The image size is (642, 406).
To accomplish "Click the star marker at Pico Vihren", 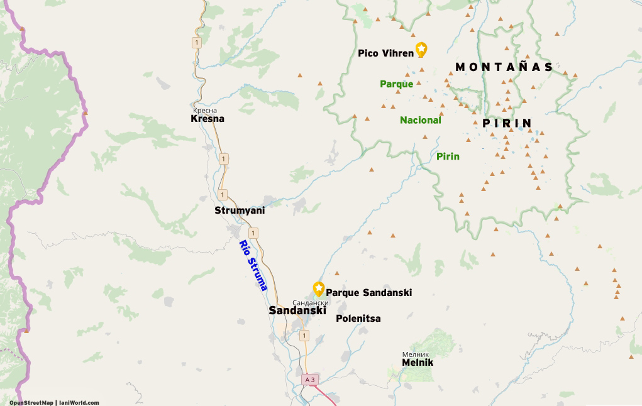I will click(x=421, y=49).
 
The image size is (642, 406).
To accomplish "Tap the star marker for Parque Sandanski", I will click(x=319, y=288).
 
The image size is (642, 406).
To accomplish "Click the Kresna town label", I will click(x=208, y=118).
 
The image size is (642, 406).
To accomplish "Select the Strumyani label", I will click(x=240, y=211).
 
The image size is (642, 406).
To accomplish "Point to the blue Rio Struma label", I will click(x=253, y=265).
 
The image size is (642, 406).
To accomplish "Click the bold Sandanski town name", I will click(x=297, y=310).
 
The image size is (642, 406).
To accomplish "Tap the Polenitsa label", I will click(x=358, y=319).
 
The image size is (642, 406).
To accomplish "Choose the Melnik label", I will click(x=418, y=363).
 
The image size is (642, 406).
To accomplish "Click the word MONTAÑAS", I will click(x=504, y=67).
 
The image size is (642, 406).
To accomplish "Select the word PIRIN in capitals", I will click(x=507, y=123).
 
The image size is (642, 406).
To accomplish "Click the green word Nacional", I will click(x=421, y=120).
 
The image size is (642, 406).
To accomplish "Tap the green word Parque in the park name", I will click(x=396, y=84).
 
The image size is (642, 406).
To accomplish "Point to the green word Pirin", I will click(x=448, y=156).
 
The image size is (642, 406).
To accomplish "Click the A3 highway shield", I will click(x=309, y=380).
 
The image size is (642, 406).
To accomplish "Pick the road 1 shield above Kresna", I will click(x=197, y=43).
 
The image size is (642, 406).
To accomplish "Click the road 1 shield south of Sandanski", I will click(x=304, y=336).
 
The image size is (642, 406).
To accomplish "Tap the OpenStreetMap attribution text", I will click(x=31, y=403).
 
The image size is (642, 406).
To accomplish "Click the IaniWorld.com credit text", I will click(x=79, y=403).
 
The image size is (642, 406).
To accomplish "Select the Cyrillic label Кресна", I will click(x=205, y=110).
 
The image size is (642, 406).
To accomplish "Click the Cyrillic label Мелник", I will click(x=416, y=354).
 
